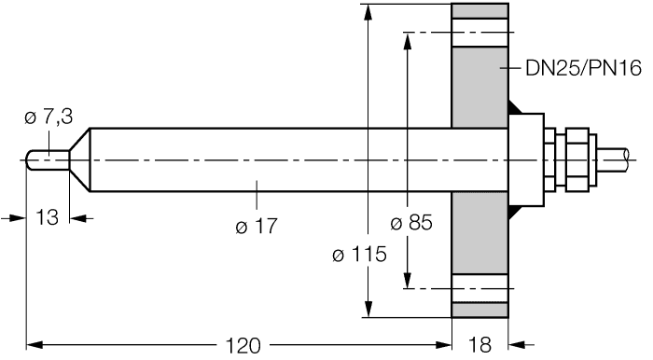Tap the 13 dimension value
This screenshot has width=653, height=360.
pyautogui.click(x=48, y=217)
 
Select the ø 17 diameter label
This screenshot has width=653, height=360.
pyautogui.click(x=258, y=225)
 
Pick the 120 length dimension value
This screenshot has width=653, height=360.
pyautogui.click(x=243, y=345)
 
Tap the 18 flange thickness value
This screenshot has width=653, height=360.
pyautogui.click(x=480, y=345)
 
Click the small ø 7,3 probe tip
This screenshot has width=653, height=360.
pyautogui.click(x=47, y=159)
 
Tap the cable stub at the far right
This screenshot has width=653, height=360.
pyautogui.click(x=620, y=159)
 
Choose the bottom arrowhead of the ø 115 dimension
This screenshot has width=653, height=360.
pyautogui.click(x=370, y=311)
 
